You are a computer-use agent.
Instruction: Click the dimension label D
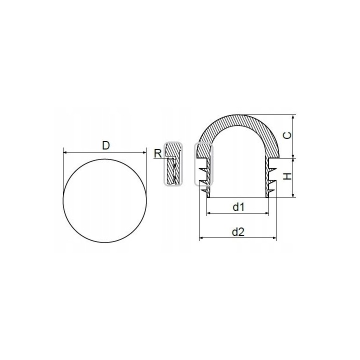[106, 145]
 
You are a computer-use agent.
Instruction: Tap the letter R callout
[158, 153]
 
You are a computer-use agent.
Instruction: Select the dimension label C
[287, 135]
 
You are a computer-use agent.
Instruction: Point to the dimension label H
[287, 176]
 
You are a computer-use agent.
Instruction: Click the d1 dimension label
[238, 207]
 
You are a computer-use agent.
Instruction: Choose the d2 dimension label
[238, 232]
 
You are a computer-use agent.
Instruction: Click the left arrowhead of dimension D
[64, 152]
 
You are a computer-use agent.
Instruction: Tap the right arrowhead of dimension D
[144, 152]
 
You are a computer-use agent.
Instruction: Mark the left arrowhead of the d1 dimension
[208, 213]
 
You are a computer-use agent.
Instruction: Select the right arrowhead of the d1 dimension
[267, 213]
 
